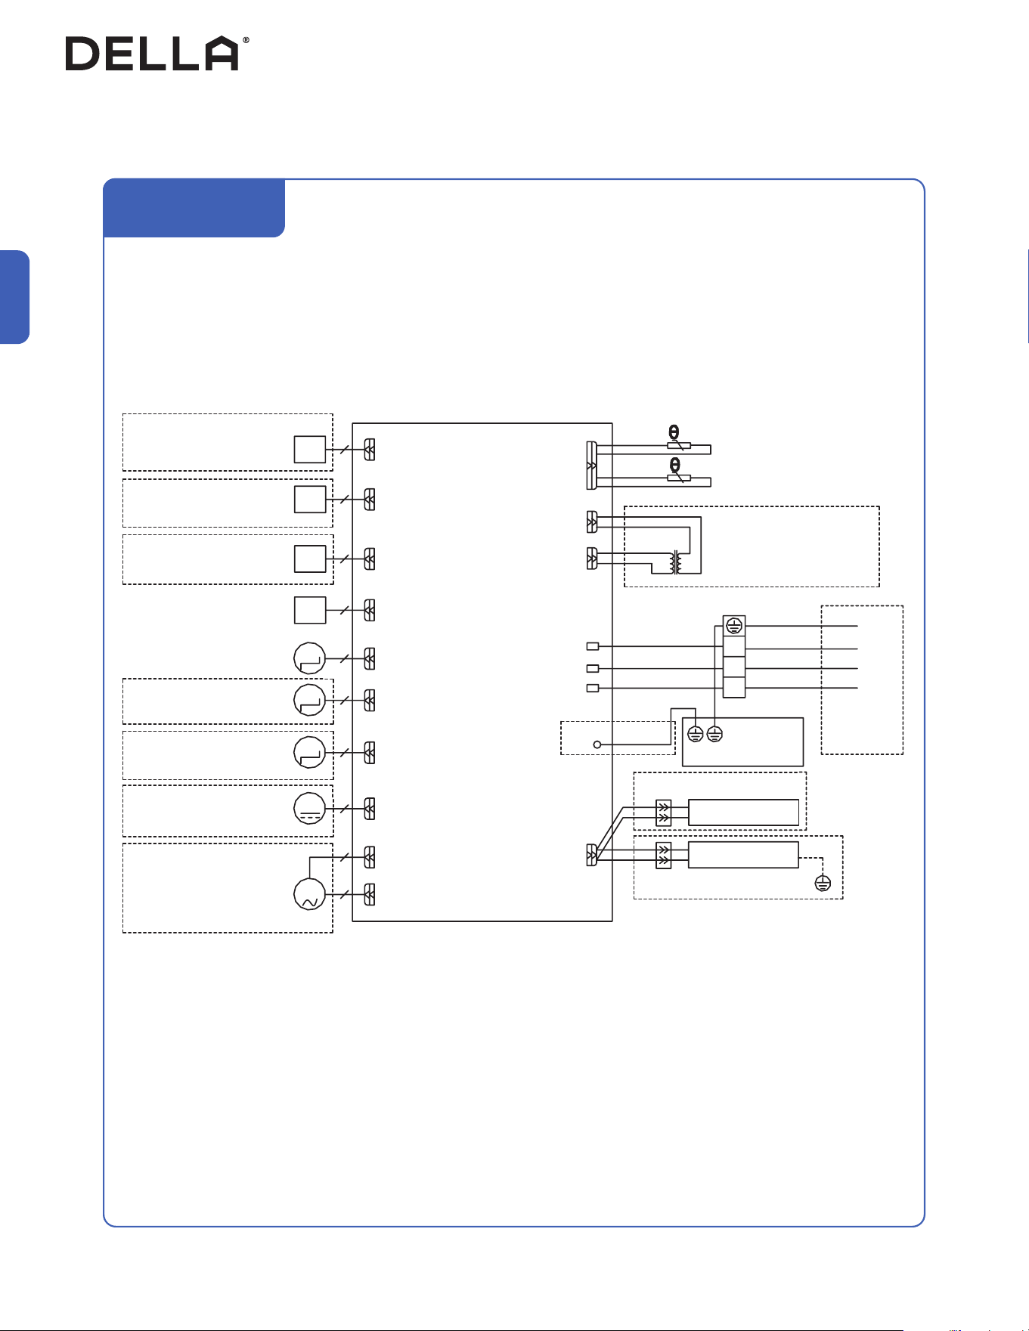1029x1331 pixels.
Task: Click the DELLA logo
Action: coord(157,53)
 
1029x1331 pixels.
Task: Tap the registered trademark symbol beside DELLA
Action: coord(245,40)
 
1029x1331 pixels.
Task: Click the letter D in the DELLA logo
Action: coord(82,54)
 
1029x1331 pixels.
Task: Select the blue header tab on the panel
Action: coord(194,208)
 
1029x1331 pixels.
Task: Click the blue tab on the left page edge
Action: coord(14,297)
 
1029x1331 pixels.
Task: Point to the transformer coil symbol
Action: coord(676,562)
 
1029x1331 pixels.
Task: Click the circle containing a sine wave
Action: coord(309,894)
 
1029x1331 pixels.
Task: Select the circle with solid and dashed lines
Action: coord(309,809)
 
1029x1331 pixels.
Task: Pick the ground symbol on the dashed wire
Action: coord(823,883)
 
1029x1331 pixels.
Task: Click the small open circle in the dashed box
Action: coord(597,745)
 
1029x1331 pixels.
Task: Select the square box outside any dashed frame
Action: coord(310,610)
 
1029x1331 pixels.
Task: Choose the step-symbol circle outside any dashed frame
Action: coord(309,658)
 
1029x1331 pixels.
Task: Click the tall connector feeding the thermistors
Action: coord(592,465)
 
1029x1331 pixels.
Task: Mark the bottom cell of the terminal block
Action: coord(734,688)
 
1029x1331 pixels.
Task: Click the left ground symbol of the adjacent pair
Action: coord(696,733)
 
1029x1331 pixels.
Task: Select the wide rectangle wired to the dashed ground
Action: coord(743,855)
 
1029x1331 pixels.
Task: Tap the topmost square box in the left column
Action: coord(310,450)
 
